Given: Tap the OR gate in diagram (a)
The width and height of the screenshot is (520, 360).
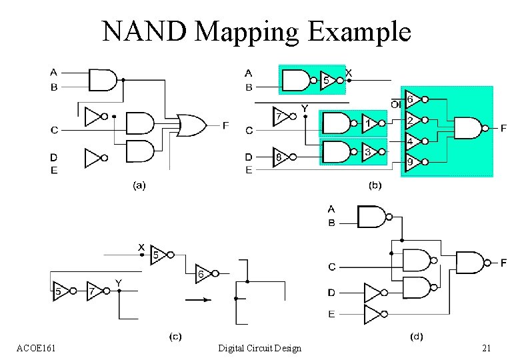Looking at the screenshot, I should click(x=192, y=124).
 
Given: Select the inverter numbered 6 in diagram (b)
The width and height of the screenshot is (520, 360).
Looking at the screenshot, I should click(x=411, y=99).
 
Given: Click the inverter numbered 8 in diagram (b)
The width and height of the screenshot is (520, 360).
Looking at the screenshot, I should click(x=281, y=158).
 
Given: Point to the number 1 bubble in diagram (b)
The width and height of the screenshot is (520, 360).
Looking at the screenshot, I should click(x=369, y=123).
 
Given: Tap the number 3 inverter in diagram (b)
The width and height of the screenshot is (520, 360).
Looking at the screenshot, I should click(x=369, y=152).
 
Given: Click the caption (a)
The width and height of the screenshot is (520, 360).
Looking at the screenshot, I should click(x=139, y=186).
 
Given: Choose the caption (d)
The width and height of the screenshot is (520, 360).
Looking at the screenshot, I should click(x=417, y=336).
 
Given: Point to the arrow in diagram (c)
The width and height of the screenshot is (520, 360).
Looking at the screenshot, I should click(x=198, y=300).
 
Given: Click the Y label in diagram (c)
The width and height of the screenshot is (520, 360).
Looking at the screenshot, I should click(x=118, y=283).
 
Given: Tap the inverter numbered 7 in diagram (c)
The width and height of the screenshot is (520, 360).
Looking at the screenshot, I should click(x=94, y=291).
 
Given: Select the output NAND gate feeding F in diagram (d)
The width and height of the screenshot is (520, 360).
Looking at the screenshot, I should click(x=469, y=262).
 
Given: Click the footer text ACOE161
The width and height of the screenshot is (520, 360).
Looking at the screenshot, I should click(x=37, y=348).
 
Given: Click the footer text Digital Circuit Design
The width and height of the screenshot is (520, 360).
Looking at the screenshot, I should click(x=260, y=348).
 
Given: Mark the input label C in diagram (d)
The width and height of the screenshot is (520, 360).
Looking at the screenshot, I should click(x=331, y=267).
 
